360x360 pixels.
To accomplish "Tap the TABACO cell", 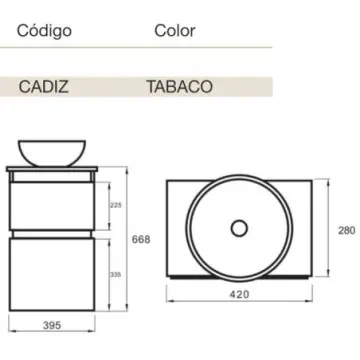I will coord(181,86).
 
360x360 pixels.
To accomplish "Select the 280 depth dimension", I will coord(345,230).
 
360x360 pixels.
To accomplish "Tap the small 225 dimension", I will coord(115,206).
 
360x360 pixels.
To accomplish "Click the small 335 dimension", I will coord(115,270).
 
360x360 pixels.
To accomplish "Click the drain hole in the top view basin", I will coord(240,228).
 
